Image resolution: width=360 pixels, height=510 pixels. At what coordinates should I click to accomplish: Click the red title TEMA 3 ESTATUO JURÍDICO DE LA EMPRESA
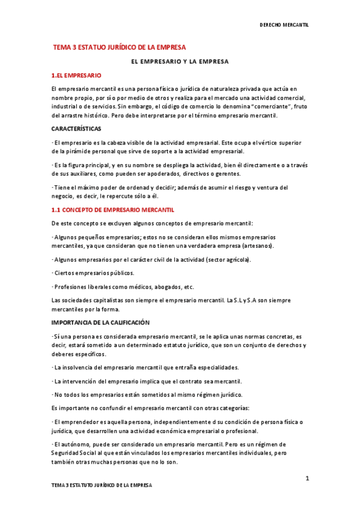coord(120,46)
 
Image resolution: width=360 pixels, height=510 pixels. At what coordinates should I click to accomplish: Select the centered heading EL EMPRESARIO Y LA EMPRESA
coord(180,61)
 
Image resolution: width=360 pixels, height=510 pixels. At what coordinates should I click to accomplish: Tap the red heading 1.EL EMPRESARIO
coord(76,76)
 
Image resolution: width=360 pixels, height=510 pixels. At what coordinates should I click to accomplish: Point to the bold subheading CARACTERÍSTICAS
coord(76,129)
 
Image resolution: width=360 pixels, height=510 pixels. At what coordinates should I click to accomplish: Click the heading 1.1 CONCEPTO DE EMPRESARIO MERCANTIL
coord(112,210)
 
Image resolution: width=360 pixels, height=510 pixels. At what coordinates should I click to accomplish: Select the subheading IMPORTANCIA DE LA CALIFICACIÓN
coord(100,323)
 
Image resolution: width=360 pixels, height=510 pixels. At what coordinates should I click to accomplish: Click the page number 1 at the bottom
coord(307,478)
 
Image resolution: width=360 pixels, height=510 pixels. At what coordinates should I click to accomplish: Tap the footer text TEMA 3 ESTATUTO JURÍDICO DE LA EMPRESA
coord(102,485)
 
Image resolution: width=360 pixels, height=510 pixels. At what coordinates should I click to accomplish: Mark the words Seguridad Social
coord(76,452)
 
